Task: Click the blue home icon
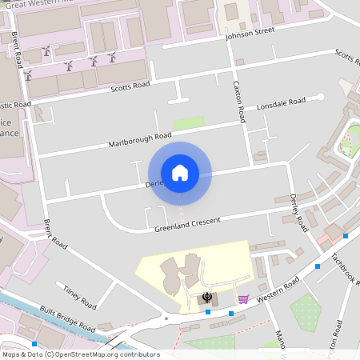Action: tap(180, 172)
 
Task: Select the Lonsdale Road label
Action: tap(281, 103)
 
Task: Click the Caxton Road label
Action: tap(237, 100)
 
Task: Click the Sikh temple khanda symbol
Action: tap(207, 298)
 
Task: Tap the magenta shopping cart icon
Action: tap(242, 299)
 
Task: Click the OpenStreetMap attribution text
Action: tap(81, 354)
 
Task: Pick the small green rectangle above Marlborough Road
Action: tap(189, 123)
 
